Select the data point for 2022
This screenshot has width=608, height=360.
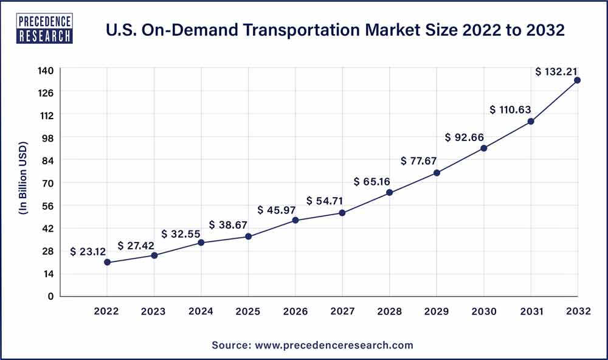tap(107, 262)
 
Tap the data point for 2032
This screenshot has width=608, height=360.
tap(577, 80)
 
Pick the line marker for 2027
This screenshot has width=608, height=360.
tap(342, 213)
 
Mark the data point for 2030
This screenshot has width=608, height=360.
tap(483, 148)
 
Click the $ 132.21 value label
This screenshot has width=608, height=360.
tap(556, 72)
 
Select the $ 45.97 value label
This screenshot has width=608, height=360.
tap(278, 210)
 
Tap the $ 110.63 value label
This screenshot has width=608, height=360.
tap(511, 110)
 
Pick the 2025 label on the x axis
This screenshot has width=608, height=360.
tap(248, 311)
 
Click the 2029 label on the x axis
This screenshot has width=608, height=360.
tap(436, 311)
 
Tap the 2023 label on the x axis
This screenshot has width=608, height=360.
tap(154, 311)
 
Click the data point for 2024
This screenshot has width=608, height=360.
tap(201, 243)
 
